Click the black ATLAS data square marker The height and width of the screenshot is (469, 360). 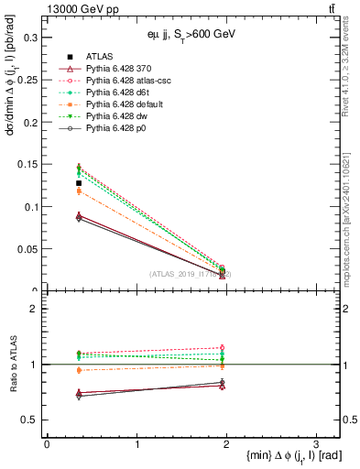tap(79, 183)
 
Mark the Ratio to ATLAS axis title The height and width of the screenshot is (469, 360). tap(11, 365)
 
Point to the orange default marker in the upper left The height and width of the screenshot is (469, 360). tap(79, 191)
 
